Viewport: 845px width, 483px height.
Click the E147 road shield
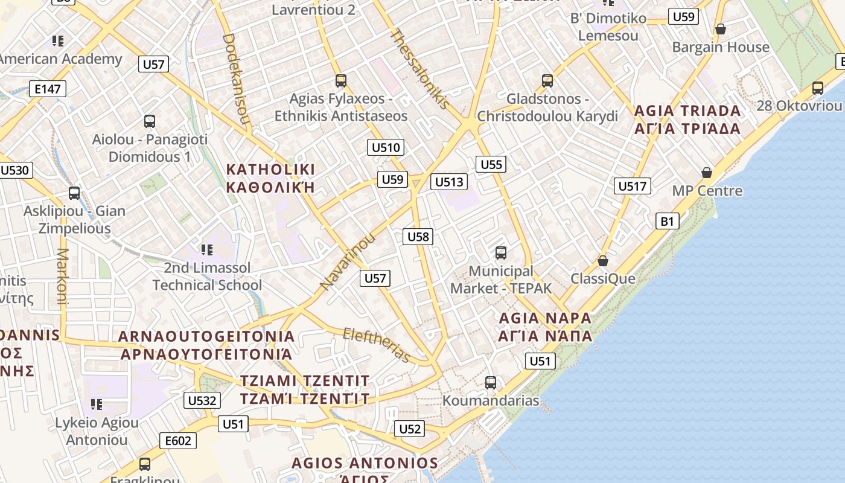click(48, 89)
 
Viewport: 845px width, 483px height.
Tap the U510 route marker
click(386, 147)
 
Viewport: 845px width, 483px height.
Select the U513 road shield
click(449, 182)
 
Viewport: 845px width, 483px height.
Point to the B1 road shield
click(667, 221)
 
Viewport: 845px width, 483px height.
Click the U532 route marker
click(202, 400)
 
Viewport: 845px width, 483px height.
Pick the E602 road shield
click(179, 441)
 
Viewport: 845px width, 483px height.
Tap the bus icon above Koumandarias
click(491, 382)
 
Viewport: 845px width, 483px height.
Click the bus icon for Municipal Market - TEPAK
click(500, 253)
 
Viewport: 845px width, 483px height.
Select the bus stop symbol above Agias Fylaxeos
click(341, 80)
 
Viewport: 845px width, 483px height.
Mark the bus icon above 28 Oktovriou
click(818, 88)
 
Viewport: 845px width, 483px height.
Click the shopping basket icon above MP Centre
click(707, 173)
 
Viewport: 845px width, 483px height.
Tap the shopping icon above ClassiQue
click(602, 261)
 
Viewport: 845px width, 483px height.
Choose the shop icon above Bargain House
click(720, 29)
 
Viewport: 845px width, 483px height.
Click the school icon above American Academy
click(58, 41)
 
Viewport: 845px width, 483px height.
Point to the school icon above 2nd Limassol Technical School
click(206, 249)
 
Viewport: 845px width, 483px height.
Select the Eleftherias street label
click(376, 345)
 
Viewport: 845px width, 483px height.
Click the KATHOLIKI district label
click(270, 169)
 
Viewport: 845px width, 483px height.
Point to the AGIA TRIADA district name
click(687, 111)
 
